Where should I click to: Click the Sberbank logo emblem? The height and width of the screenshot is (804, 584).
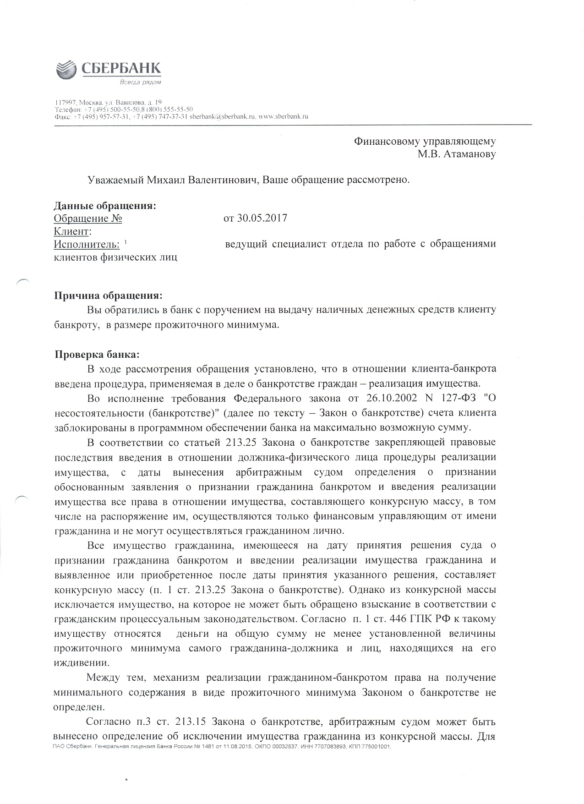pos(66,71)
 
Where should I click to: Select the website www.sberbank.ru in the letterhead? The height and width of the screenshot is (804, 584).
pos(283,116)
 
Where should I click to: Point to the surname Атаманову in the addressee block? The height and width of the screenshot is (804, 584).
pos(469,154)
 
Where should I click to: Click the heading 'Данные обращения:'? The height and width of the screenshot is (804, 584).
pos(105,206)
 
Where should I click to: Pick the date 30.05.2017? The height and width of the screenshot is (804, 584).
pos(262,218)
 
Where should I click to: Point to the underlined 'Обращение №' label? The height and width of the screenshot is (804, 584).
pos(88,218)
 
